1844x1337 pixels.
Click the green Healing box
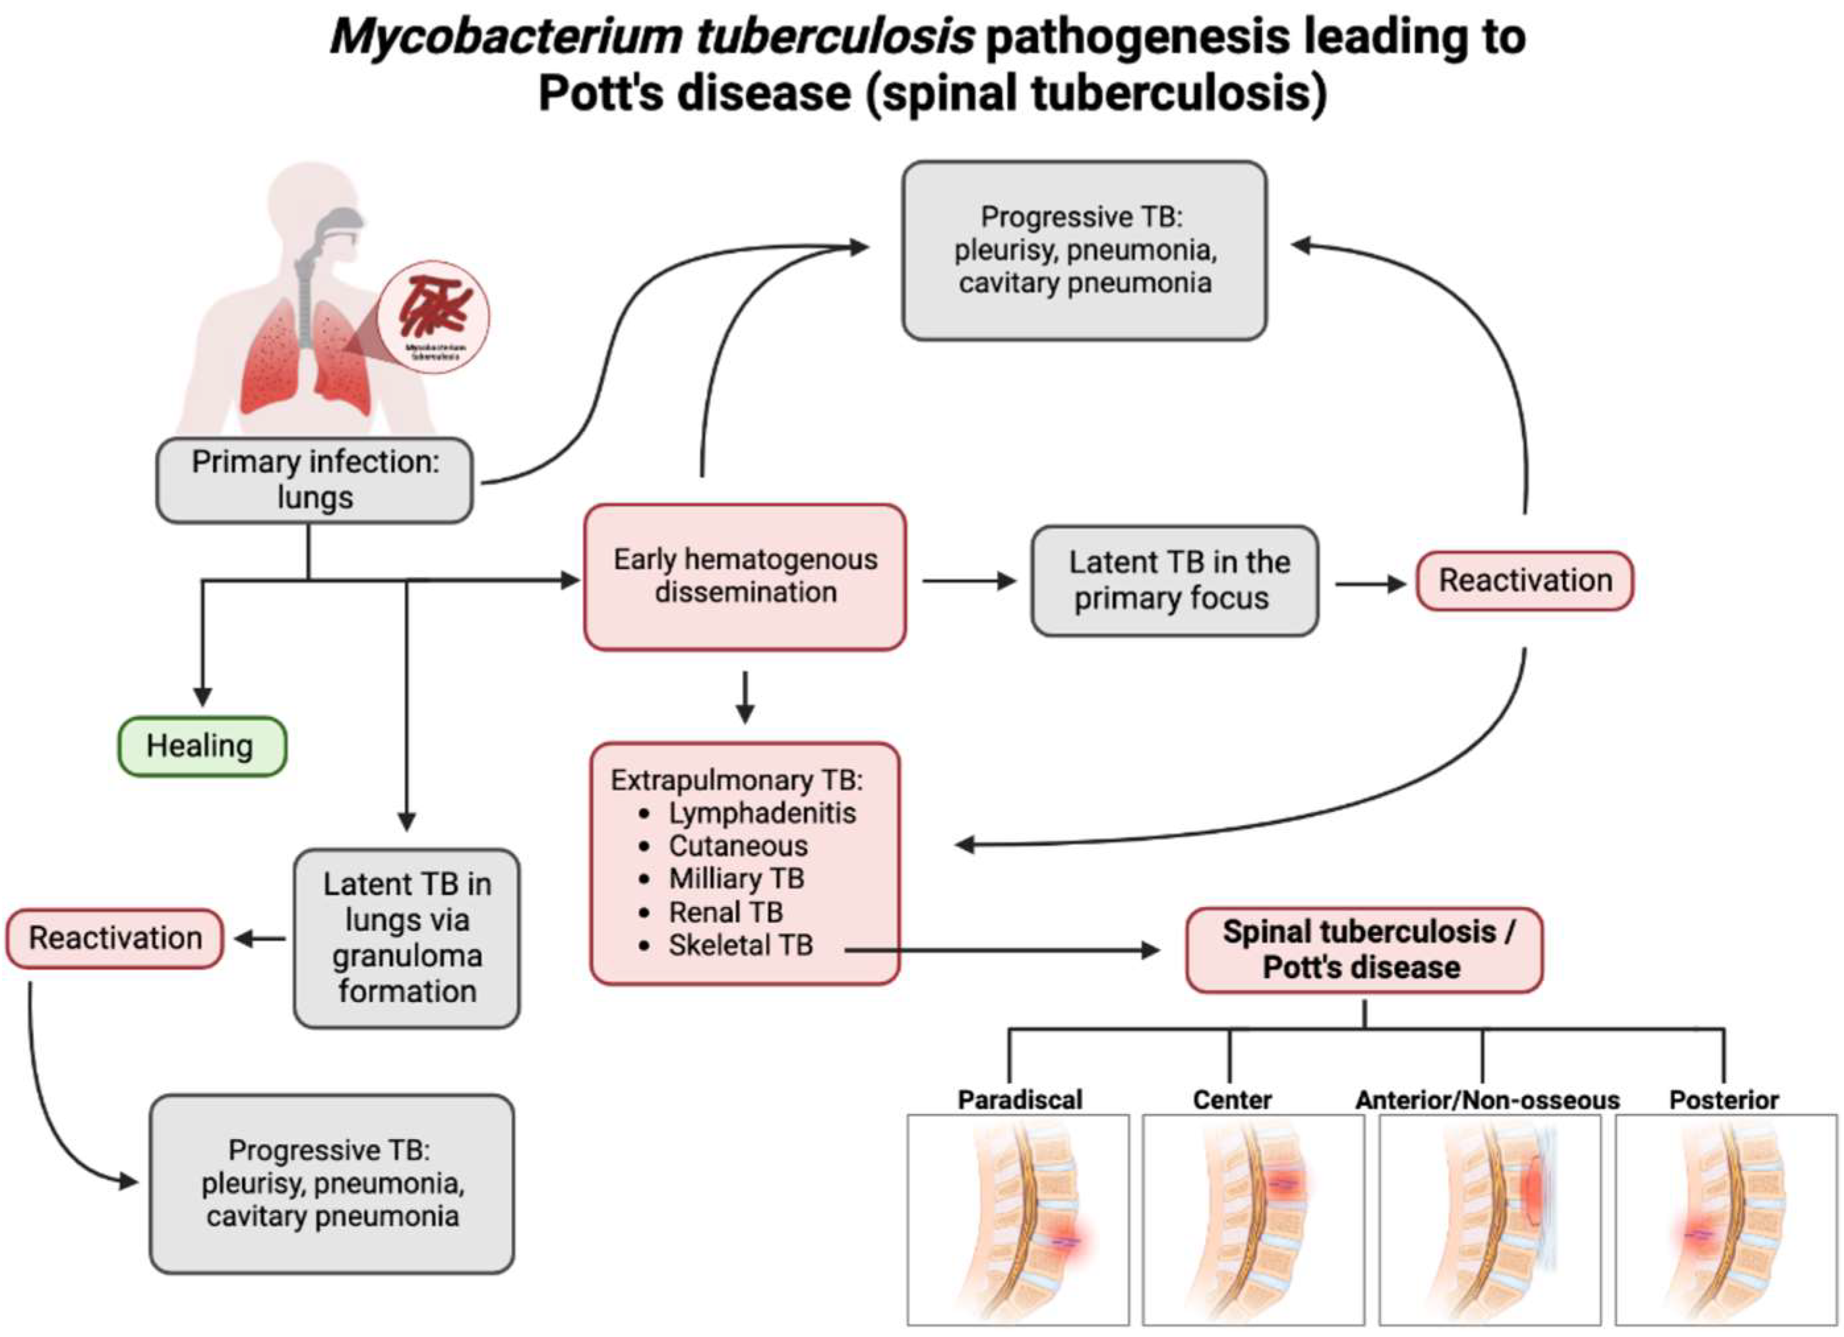click(x=202, y=746)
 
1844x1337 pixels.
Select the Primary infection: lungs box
click(x=315, y=480)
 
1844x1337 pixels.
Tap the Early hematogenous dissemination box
click(x=745, y=576)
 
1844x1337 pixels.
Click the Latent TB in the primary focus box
click(x=1174, y=580)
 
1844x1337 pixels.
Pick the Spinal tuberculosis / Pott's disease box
click(x=1363, y=950)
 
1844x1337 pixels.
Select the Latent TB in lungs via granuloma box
click(x=406, y=938)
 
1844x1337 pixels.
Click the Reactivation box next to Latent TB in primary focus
click(x=1525, y=580)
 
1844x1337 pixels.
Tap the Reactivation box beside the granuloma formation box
click(x=115, y=939)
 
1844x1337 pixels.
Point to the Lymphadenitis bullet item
click(x=762, y=813)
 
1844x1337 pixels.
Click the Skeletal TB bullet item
click(x=741, y=945)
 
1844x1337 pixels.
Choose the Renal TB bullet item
click(x=725, y=912)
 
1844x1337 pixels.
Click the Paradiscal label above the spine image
click(x=1020, y=1100)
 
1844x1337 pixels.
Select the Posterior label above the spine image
click(x=1724, y=1100)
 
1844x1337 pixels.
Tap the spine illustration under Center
click(x=1253, y=1220)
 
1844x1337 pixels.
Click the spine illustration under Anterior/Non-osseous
click(x=1489, y=1220)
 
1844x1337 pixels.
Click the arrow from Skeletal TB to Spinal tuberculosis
click(x=1000, y=949)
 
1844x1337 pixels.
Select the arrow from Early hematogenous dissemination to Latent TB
click(x=968, y=580)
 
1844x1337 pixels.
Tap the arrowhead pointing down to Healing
click(x=202, y=697)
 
